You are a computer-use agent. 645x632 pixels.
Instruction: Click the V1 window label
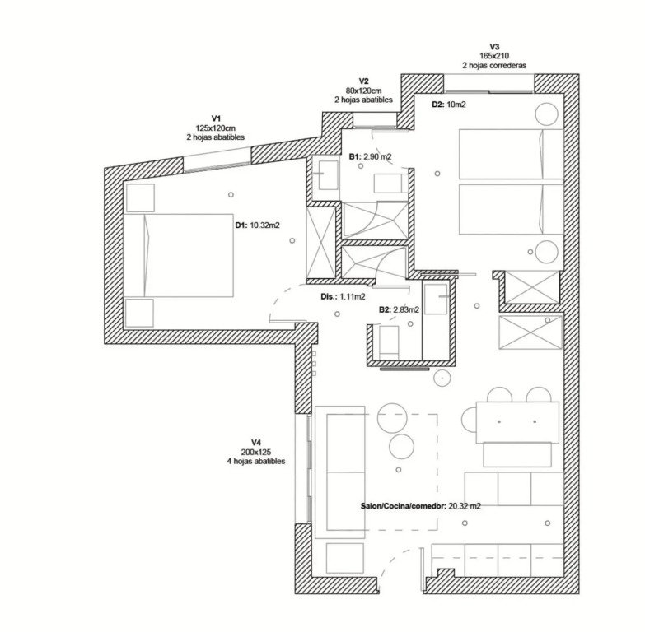click(216, 118)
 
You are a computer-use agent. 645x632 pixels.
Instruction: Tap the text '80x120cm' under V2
click(363, 91)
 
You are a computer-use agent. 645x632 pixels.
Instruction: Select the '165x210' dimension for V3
click(494, 56)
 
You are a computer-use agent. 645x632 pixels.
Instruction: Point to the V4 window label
click(256, 443)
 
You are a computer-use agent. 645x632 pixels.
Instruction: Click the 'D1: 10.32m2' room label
click(258, 225)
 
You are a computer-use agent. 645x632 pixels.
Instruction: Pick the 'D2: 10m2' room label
click(449, 105)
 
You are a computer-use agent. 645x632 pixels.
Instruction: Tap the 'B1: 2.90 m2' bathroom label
click(370, 156)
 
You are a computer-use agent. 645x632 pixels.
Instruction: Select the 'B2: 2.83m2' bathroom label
click(399, 310)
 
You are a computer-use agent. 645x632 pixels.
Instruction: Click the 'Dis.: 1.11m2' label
click(343, 296)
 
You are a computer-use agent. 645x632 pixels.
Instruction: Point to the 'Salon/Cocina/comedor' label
click(403, 506)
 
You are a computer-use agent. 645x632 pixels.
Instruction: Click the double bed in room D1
click(179, 255)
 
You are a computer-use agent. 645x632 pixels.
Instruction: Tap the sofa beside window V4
click(339, 472)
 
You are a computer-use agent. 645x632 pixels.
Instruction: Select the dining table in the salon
click(517, 422)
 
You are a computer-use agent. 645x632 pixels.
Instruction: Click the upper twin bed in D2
click(511, 154)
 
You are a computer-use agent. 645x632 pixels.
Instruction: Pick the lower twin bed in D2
click(511, 209)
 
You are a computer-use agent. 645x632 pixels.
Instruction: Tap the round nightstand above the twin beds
click(547, 114)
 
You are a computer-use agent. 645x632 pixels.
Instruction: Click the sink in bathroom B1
click(328, 175)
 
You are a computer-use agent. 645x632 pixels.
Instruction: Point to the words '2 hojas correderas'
click(494, 65)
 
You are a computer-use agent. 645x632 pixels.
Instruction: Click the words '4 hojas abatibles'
click(256, 461)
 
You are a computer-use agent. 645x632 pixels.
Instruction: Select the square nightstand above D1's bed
click(140, 198)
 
